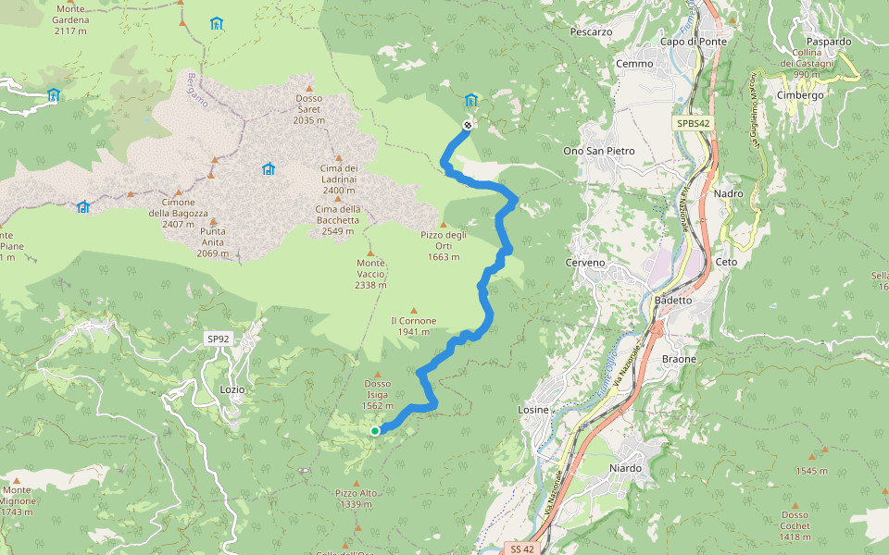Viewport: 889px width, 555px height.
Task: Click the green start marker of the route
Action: (375, 430)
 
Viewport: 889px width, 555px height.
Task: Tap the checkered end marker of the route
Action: (468, 125)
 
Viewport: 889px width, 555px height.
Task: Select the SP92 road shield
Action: (218, 339)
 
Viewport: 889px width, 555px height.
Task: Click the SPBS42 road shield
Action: (693, 122)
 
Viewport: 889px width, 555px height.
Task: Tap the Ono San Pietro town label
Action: (599, 151)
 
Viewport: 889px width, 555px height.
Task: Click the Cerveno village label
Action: (584, 263)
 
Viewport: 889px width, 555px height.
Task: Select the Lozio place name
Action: (232, 389)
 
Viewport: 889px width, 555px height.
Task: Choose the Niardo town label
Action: (625, 469)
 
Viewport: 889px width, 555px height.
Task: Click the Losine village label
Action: (535, 410)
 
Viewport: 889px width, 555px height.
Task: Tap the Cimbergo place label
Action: (800, 95)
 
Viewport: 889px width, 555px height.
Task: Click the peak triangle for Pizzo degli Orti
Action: (444, 224)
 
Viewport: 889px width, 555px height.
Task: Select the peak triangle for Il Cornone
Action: (413, 310)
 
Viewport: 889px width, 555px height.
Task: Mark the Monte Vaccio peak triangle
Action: (370, 253)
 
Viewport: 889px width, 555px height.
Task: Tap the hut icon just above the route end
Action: (470, 100)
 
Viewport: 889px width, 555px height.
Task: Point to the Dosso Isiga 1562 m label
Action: (377, 394)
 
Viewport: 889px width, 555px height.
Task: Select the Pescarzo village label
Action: (592, 31)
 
